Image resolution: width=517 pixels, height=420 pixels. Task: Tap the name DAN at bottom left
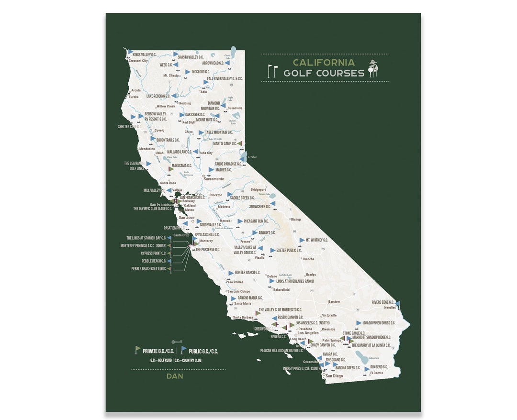point(175,376)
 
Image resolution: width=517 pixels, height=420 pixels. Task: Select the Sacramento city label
point(214,179)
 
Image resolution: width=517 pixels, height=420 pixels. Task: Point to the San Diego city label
point(334,376)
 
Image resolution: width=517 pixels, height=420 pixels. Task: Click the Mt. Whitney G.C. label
point(314,240)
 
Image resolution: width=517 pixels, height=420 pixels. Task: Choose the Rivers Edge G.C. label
point(383,302)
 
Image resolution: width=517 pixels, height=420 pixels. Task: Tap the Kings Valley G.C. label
point(145,55)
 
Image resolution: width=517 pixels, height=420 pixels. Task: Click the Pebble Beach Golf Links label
point(148,269)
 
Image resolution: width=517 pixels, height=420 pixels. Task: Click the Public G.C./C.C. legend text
point(203,351)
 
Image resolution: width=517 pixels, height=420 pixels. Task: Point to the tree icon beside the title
point(373,69)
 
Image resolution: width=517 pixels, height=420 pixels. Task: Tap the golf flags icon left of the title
point(272,71)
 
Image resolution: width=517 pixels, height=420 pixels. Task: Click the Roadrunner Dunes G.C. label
point(379,323)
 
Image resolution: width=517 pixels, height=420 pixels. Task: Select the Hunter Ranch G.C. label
point(247,273)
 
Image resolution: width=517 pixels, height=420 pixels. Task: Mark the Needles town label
point(390,308)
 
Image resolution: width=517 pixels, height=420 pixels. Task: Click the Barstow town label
point(334,302)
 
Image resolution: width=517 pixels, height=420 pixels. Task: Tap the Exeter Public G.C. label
point(289,250)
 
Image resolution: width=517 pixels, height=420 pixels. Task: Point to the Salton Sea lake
point(362,356)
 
